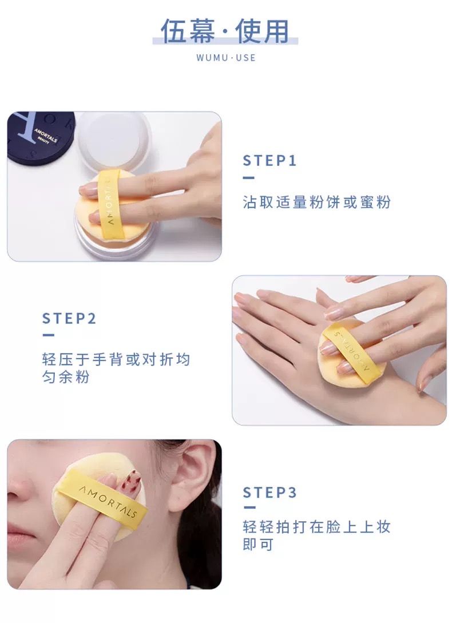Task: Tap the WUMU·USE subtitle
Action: [226, 58]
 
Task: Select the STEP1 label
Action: [269, 161]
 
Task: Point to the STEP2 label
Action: [69, 318]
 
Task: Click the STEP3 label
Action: [269, 493]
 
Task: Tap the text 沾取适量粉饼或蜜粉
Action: [317, 203]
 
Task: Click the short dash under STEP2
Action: [48, 335]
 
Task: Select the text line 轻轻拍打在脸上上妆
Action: [317, 527]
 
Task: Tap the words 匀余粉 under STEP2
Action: [66, 376]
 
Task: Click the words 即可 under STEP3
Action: [258, 544]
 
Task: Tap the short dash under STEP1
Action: [248, 177]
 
